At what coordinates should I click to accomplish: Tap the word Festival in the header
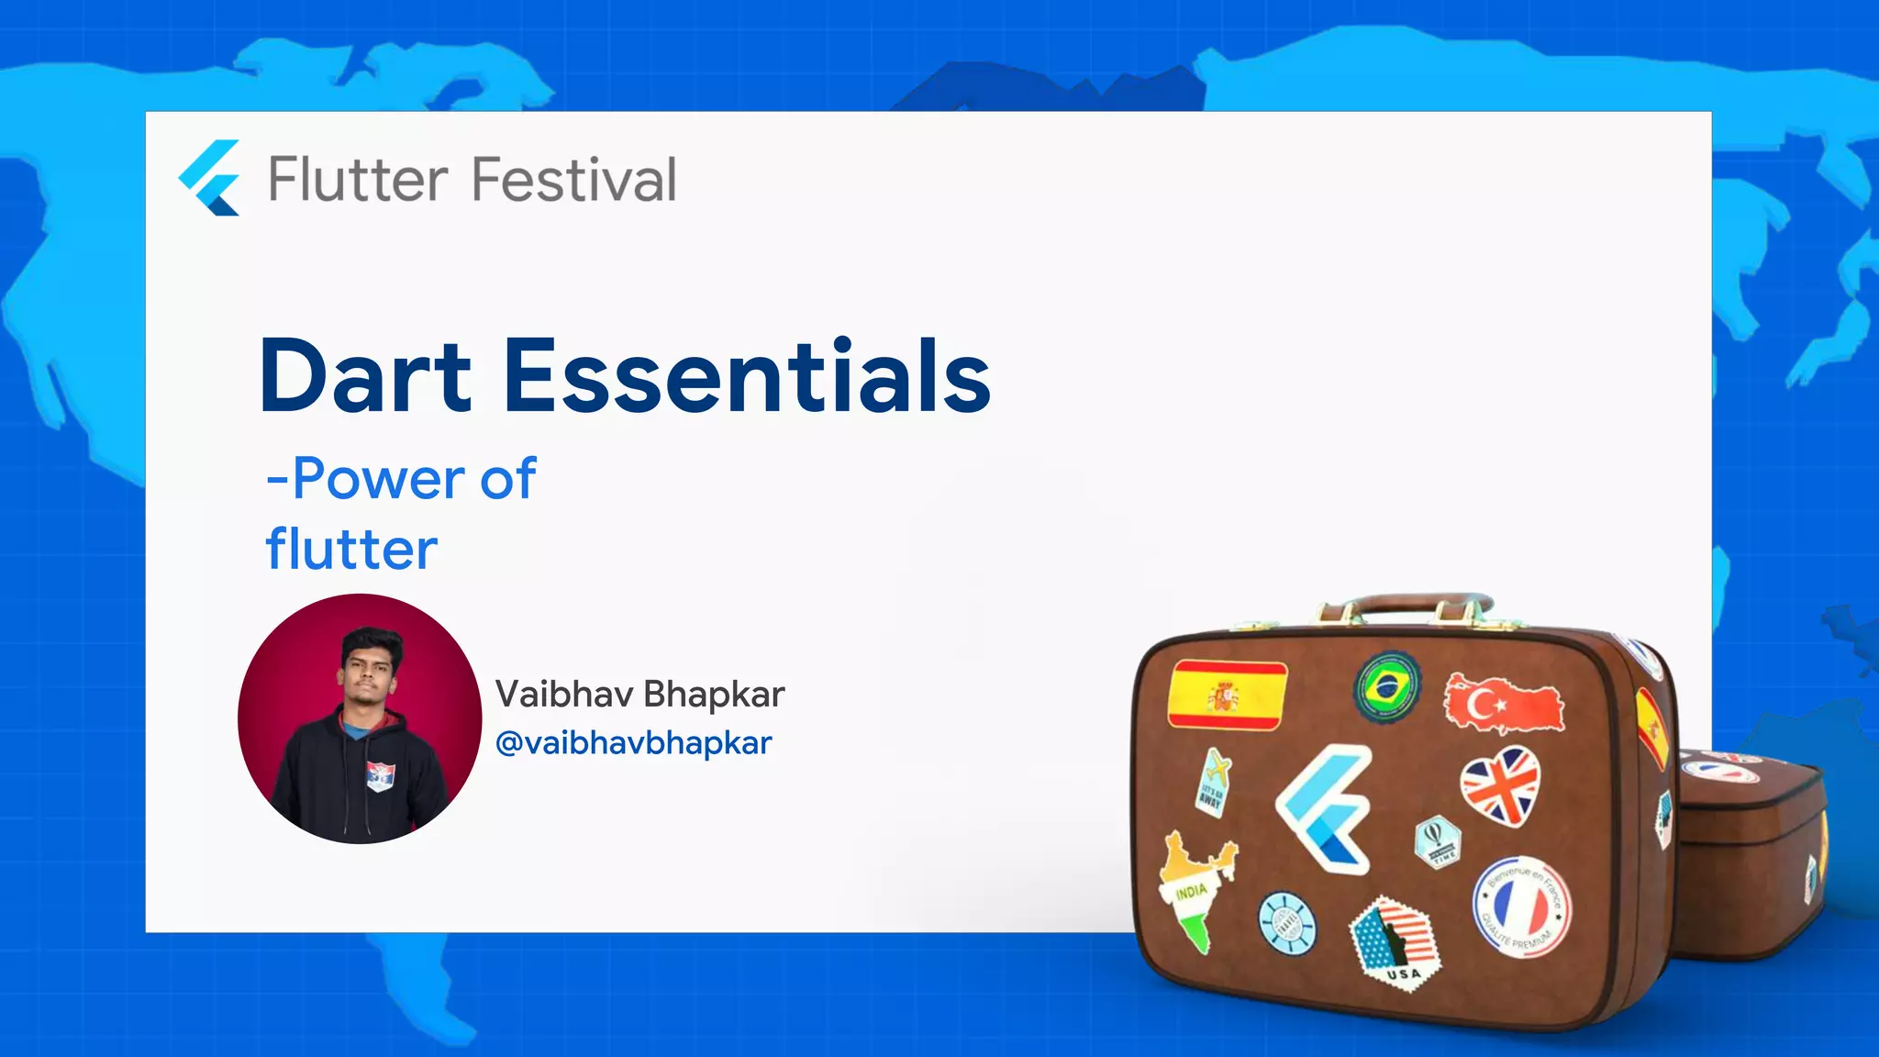click(574, 180)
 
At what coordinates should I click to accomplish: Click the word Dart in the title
click(365, 376)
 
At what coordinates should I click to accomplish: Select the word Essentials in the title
click(747, 376)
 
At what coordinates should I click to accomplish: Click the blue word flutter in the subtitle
click(351, 550)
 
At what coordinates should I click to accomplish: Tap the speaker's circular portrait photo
click(360, 718)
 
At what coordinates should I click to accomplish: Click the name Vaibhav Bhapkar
click(639, 695)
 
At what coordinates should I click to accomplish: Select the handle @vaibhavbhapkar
click(633, 742)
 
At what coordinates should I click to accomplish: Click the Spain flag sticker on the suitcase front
click(1227, 695)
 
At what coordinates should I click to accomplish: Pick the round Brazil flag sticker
click(1387, 686)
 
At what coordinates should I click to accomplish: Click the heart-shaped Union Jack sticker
click(1501, 784)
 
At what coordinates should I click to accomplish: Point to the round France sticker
click(1520, 907)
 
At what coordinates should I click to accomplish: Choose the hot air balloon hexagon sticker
click(1436, 840)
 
